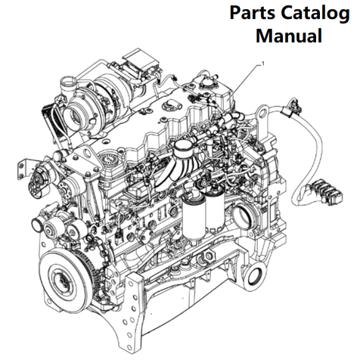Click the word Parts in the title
(253, 13)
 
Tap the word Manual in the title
(289, 36)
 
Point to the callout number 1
(264, 64)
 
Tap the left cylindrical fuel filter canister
(194, 217)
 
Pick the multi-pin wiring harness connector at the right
(327, 191)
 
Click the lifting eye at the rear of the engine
(262, 114)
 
